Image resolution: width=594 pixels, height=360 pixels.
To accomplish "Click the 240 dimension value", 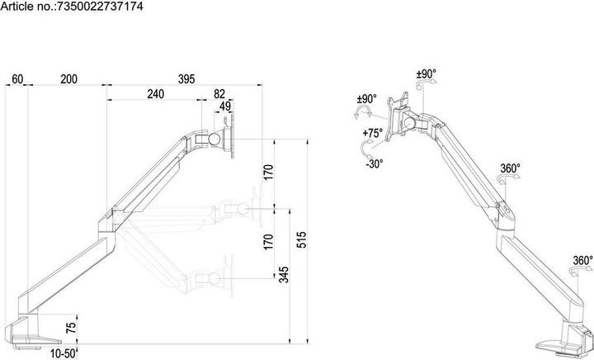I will tap(155, 94).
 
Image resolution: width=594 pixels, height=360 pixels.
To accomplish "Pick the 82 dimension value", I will tap(219, 94).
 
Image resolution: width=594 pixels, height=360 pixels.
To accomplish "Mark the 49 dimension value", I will tap(225, 107).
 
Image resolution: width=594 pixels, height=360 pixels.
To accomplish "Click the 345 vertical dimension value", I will tap(283, 275).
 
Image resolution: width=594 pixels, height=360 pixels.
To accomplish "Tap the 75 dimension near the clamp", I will tap(71, 328).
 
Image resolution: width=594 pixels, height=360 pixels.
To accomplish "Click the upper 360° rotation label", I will tap(510, 169).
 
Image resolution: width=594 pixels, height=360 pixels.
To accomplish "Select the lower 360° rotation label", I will tap(582, 261).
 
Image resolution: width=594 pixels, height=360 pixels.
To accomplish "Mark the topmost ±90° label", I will tap(426, 73).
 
